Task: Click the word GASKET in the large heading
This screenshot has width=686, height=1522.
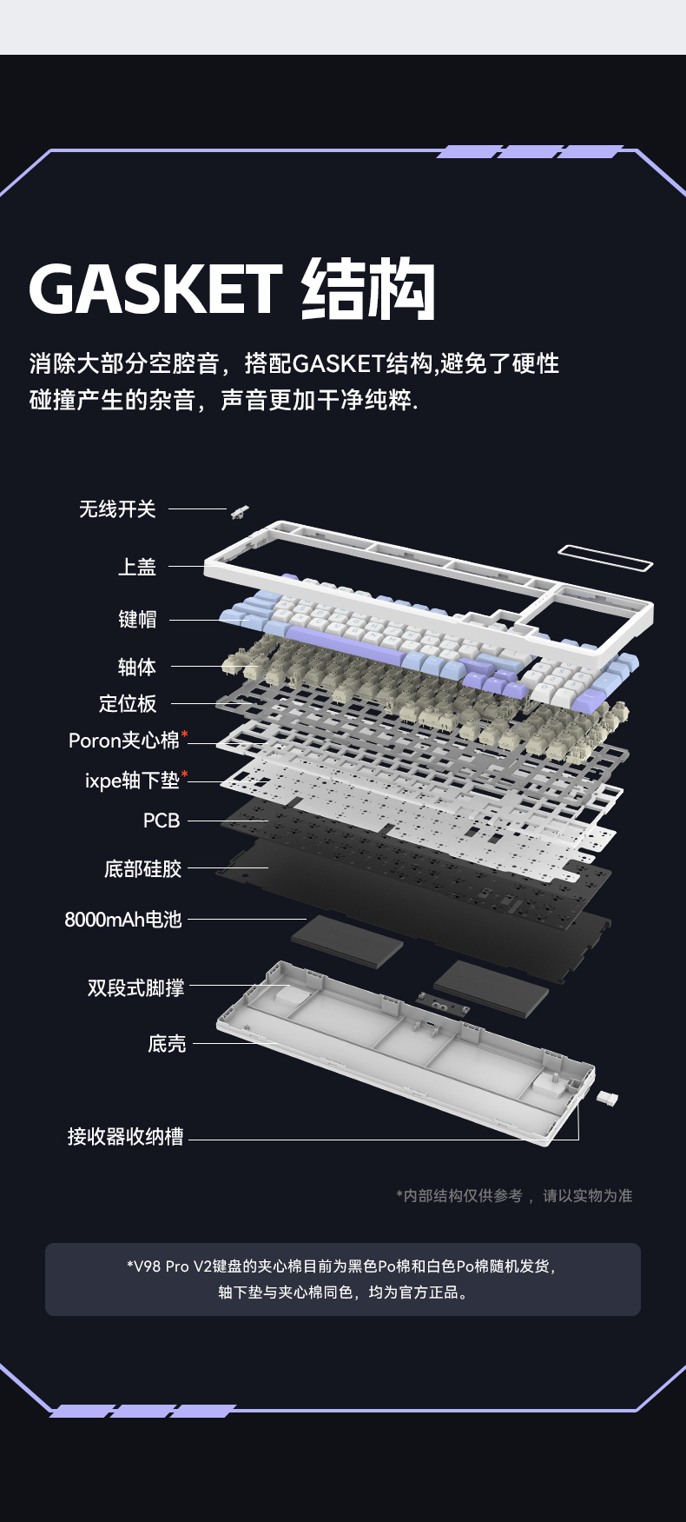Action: [x=156, y=289]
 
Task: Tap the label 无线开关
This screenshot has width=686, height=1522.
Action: [x=117, y=508]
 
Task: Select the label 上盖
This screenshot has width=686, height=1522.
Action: [x=137, y=567]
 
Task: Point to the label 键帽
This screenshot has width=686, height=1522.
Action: [x=137, y=619]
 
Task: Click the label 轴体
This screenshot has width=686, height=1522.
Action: [x=137, y=667]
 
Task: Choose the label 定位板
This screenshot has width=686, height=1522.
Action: [x=128, y=703]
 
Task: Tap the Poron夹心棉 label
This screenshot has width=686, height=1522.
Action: [x=123, y=741]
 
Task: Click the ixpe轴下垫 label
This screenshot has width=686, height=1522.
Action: [x=132, y=781]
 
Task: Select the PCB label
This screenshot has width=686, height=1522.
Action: [x=162, y=821]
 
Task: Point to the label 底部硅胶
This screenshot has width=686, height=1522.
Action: [x=143, y=868]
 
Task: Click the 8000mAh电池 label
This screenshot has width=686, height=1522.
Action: [x=123, y=919]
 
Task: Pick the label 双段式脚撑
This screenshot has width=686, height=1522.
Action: [x=135, y=987]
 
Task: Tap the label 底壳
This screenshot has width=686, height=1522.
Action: [x=167, y=1043]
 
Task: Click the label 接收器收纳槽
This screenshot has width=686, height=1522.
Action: [x=126, y=1137]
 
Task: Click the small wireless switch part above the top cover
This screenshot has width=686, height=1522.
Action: [x=240, y=512]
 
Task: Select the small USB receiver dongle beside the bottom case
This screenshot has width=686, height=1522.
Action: [x=608, y=1099]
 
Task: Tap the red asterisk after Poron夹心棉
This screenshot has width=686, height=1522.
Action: [x=185, y=736]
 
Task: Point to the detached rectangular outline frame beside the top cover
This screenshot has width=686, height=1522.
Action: [x=605, y=558]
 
